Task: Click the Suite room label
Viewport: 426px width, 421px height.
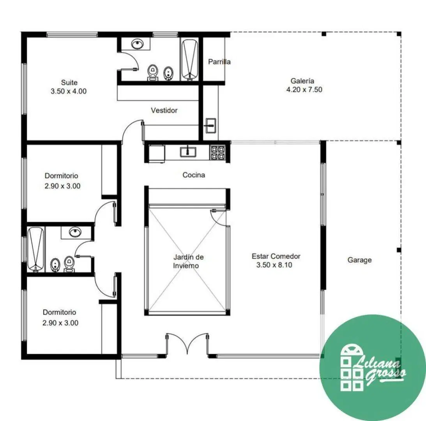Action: pyautogui.click(x=69, y=82)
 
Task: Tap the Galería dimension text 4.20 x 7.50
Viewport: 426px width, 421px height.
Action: pyautogui.click(x=304, y=89)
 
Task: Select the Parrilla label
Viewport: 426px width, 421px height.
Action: pyautogui.click(x=219, y=62)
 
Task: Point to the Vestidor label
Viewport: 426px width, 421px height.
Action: pyautogui.click(x=164, y=110)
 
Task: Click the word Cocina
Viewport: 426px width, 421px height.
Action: pyautogui.click(x=194, y=175)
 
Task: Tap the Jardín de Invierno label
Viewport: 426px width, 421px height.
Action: pyautogui.click(x=188, y=261)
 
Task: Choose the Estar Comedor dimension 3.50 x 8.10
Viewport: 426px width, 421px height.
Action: pyautogui.click(x=274, y=265)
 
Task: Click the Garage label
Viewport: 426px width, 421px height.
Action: pyautogui.click(x=359, y=260)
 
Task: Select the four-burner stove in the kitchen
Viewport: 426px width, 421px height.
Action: pyautogui.click(x=217, y=152)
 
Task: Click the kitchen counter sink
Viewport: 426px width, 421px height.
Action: pyautogui.click(x=188, y=152)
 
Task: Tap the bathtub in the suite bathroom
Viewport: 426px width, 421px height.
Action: pyautogui.click(x=189, y=60)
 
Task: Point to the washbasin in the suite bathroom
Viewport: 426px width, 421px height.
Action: pyautogui.click(x=138, y=44)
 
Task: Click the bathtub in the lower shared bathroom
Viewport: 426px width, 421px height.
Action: pyautogui.click(x=36, y=250)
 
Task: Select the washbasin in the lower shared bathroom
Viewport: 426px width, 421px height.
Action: pyautogui.click(x=75, y=232)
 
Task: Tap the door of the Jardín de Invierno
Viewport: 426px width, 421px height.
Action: pyautogui.click(x=218, y=218)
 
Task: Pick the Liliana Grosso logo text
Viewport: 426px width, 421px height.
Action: pyautogui.click(x=380, y=370)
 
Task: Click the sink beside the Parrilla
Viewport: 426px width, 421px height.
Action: pyautogui.click(x=211, y=126)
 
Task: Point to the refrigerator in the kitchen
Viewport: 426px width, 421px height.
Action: pyautogui.click(x=157, y=153)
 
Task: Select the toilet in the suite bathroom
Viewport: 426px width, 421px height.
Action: pyautogui.click(x=153, y=73)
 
